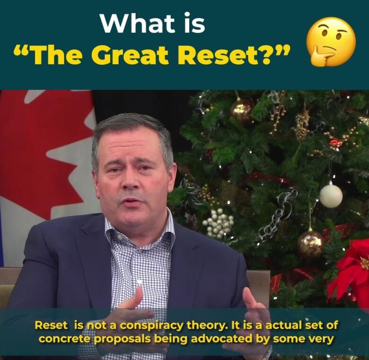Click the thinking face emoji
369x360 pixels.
pos(331,42)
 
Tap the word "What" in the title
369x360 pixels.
pos(138,23)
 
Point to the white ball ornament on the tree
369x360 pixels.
pos(331,195)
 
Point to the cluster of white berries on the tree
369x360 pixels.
pos(218,223)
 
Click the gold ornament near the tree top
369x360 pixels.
pos(242,111)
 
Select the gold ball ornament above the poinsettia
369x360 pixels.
pos(310,244)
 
